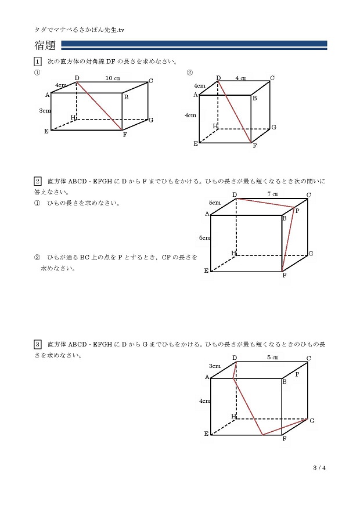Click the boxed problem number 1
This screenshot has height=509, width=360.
[x=38, y=62]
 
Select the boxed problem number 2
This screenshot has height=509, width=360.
[x=38, y=181]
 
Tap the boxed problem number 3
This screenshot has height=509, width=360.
[x=38, y=344]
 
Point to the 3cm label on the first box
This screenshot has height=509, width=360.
[x=44, y=110]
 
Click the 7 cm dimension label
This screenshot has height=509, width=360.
[x=272, y=194]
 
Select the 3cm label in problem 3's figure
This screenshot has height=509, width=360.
[x=215, y=366]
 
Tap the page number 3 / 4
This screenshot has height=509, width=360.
[x=319, y=467]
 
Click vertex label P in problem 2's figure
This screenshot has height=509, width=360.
[x=297, y=211]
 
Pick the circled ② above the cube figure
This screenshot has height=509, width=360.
[x=189, y=73]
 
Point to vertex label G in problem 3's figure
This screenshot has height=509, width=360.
[x=312, y=420]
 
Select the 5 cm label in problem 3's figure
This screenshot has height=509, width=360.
[x=272, y=358]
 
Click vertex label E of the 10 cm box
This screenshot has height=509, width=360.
[x=46, y=131]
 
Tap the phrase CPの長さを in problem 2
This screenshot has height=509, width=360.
[x=179, y=257]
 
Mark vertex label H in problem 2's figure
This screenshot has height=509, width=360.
[x=233, y=252]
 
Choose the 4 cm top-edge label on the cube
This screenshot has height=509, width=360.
[x=241, y=78]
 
